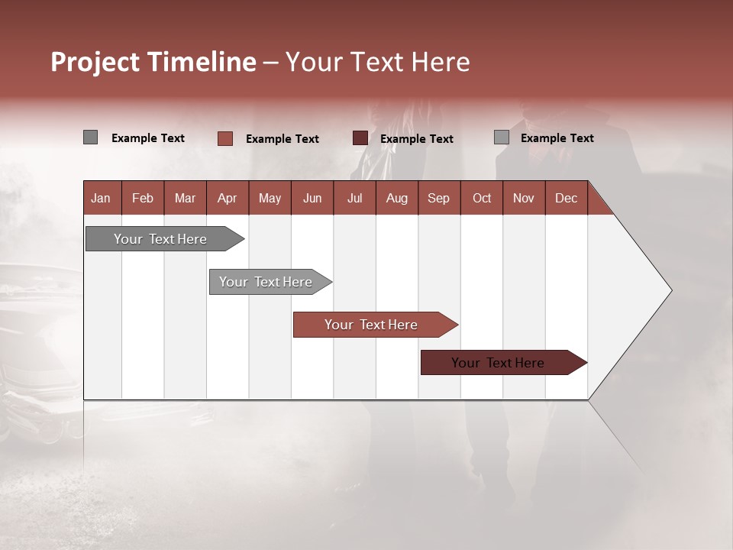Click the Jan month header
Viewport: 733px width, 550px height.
(x=102, y=198)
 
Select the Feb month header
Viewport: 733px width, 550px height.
(x=143, y=198)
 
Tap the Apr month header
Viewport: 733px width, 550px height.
(x=227, y=198)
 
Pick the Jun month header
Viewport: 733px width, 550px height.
(x=312, y=198)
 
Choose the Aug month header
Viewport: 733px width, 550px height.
(x=396, y=198)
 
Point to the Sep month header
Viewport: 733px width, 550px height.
(x=439, y=198)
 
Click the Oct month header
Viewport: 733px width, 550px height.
(x=482, y=198)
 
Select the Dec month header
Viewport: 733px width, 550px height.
(x=566, y=198)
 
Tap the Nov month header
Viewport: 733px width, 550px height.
(x=524, y=198)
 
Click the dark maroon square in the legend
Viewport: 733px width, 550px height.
(x=360, y=138)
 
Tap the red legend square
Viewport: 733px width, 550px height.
(x=225, y=138)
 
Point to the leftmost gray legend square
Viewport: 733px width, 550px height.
(x=91, y=137)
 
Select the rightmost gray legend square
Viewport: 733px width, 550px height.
(x=502, y=137)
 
